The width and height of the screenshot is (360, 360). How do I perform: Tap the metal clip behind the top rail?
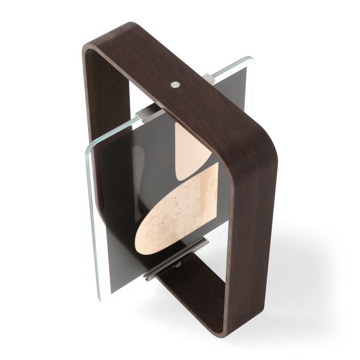208,78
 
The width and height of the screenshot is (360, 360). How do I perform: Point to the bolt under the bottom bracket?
177,265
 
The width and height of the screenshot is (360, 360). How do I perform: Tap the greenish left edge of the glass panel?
91,216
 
